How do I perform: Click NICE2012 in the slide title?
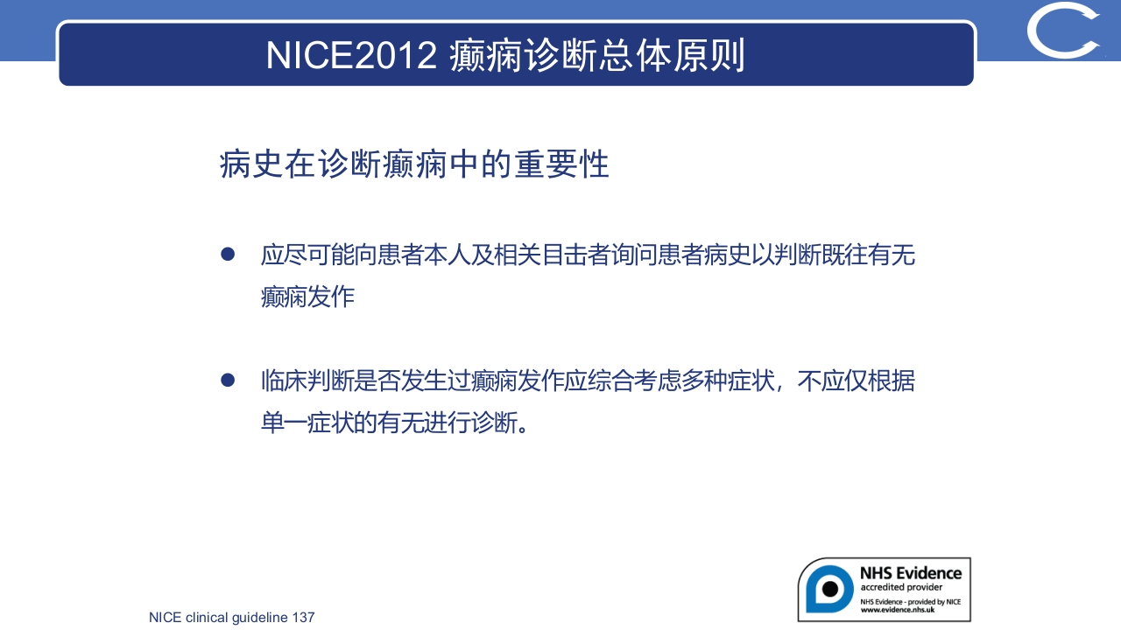click(351, 55)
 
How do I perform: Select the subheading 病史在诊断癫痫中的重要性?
click(414, 164)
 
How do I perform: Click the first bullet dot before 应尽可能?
click(228, 254)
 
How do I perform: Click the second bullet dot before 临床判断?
click(228, 380)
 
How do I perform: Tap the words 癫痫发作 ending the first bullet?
click(307, 297)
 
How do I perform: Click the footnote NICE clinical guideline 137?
click(231, 617)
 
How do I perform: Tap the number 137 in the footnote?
click(303, 617)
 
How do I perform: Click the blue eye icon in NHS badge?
click(828, 589)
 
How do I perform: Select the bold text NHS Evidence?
click(910, 573)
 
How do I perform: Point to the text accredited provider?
click(901, 587)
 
